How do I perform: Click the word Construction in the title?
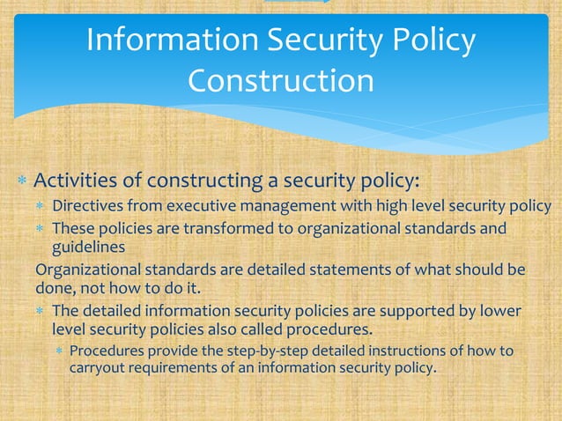click(x=281, y=81)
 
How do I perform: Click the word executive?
click(x=188, y=208)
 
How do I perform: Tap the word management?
click(x=270, y=208)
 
